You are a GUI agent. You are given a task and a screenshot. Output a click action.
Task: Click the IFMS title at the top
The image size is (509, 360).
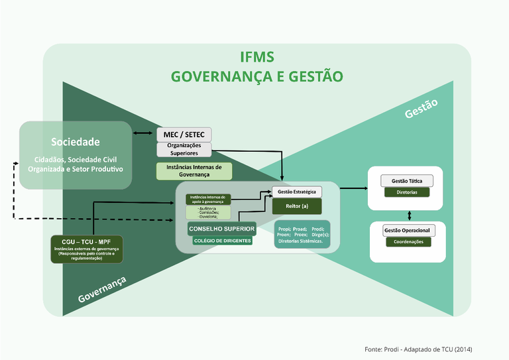point(256,57)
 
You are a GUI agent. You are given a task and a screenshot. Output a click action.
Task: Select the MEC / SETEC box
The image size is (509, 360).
point(184,135)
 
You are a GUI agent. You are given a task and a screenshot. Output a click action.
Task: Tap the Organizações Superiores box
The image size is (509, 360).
point(184,149)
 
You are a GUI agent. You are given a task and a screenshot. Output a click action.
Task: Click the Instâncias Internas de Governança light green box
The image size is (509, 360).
point(194,171)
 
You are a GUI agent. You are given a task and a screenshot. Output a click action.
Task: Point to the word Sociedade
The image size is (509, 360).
point(76,142)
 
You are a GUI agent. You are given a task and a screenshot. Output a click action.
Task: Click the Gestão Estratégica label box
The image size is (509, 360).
point(296,192)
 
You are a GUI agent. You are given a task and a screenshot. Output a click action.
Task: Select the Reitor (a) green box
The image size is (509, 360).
point(296,206)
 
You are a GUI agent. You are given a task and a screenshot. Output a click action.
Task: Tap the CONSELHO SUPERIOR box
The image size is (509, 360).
point(221,229)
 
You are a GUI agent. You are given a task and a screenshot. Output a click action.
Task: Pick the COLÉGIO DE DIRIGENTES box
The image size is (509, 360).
point(222,241)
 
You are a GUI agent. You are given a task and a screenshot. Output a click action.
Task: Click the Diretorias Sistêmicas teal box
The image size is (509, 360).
point(302,234)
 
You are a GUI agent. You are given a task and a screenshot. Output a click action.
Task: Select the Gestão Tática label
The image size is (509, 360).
point(407,181)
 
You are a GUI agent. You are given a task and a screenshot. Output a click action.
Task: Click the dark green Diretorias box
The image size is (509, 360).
point(407,192)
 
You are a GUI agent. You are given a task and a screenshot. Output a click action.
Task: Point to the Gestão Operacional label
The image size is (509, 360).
point(408,231)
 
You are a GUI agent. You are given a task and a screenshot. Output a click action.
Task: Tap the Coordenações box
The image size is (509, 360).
point(408,242)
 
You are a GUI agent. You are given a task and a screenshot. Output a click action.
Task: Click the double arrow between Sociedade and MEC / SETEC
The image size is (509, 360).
point(142,134)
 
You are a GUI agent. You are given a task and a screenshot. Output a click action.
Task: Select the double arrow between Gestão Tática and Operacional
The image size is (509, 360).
point(409,215)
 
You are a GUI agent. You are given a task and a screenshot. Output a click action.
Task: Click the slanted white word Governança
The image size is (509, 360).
point(102,290)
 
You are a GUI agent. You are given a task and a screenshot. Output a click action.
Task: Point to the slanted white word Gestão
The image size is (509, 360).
point(422,109)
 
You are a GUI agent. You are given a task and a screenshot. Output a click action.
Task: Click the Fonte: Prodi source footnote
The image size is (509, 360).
point(418,349)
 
